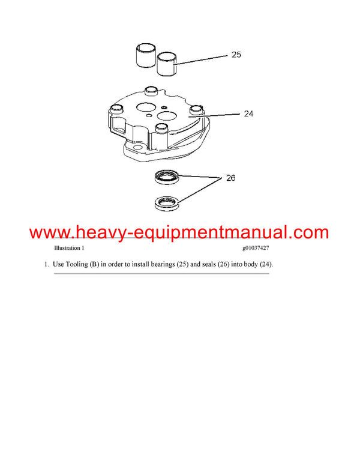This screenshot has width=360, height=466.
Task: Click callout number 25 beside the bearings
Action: click(x=236, y=55)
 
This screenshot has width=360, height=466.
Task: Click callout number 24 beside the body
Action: click(x=249, y=113)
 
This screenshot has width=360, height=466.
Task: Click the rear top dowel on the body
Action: click(x=151, y=92)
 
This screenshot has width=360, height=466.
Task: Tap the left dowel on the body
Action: click(x=116, y=109)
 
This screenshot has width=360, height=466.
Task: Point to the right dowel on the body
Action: click(x=194, y=110)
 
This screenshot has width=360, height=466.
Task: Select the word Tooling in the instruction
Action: click(x=77, y=265)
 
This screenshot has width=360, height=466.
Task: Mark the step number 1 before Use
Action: click(x=46, y=265)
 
